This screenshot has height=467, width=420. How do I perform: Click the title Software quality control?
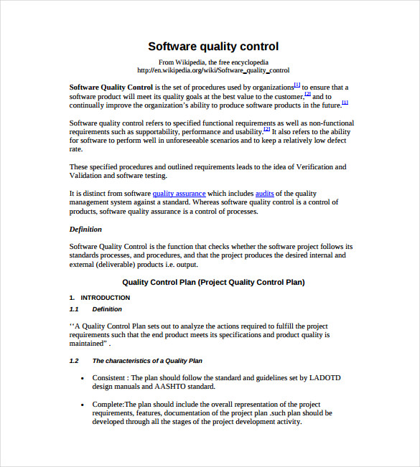tap(213, 47)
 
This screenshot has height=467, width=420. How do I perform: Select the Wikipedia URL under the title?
tap(213, 70)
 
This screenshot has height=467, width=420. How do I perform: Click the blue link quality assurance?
tap(179, 194)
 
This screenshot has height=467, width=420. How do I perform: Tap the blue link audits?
tap(265, 194)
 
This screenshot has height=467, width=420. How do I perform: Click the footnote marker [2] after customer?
tap(307, 94)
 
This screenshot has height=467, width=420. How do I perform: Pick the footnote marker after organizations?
tap(297, 85)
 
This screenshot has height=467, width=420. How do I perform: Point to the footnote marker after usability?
tap(266, 129)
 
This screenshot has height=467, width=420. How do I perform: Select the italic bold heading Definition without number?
tap(85, 229)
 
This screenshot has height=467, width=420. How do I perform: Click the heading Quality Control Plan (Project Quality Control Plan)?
tap(213, 282)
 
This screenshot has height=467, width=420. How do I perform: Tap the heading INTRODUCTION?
tap(105, 297)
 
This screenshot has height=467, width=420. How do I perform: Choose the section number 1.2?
tap(74, 361)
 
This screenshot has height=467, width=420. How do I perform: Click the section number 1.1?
tap(74, 309)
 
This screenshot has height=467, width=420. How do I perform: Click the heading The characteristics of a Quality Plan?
tap(147, 361)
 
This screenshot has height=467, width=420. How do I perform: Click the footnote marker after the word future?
tap(345, 103)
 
